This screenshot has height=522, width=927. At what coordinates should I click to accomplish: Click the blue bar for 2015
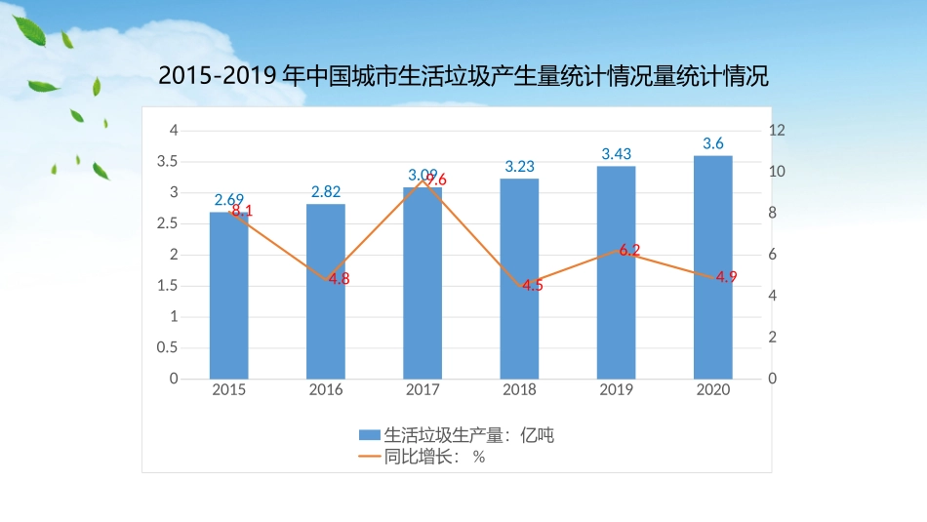tap(228, 302)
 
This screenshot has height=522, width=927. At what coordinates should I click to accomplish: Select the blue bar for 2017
tap(423, 293)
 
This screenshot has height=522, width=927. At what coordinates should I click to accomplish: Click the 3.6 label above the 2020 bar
tap(713, 144)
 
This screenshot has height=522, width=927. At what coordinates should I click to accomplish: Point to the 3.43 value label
tap(616, 154)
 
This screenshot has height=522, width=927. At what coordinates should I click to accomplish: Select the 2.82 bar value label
tap(326, 192)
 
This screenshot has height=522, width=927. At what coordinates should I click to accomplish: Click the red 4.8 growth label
tap(339, 278)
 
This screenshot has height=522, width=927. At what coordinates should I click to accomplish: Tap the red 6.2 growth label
tap(629, 250)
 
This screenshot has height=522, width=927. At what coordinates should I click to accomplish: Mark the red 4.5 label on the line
tap(532, 285)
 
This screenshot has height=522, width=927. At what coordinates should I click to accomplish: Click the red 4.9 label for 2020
tap(726, 277)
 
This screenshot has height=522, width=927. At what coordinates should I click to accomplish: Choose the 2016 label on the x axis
tap(326, 389)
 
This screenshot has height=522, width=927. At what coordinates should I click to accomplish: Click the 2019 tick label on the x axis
tap(616, 389)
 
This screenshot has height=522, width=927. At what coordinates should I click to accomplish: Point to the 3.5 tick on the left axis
tap(168, 161)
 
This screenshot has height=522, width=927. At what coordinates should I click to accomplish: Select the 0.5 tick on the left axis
tap(168, 347)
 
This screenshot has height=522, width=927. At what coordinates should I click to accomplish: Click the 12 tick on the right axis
tap(776, 130)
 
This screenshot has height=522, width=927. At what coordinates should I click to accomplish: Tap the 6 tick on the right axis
tap(772, 255)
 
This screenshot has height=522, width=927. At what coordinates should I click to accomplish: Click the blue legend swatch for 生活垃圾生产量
tap(370, 435)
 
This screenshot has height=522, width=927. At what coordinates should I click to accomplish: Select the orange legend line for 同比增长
tap(370, 456)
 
